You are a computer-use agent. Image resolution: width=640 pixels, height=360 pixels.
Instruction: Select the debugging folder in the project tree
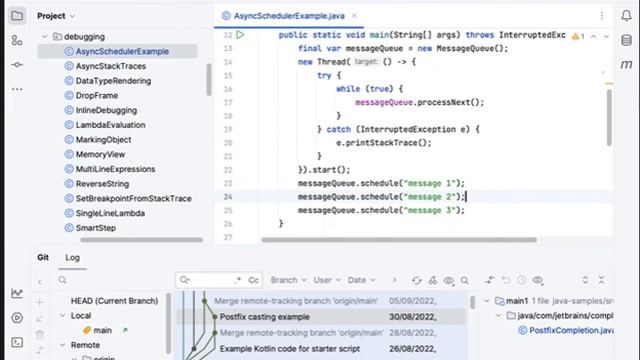84,36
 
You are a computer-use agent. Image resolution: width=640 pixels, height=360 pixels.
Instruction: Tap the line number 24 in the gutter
228,197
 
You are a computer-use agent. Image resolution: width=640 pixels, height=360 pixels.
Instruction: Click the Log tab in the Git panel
73,257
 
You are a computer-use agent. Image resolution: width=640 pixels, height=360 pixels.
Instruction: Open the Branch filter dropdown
288,281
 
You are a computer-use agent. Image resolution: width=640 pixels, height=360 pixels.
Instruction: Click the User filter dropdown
326,281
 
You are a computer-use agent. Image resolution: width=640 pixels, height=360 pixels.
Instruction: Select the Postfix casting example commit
265,317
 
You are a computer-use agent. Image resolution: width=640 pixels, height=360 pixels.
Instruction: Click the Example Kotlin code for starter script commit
291,349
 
